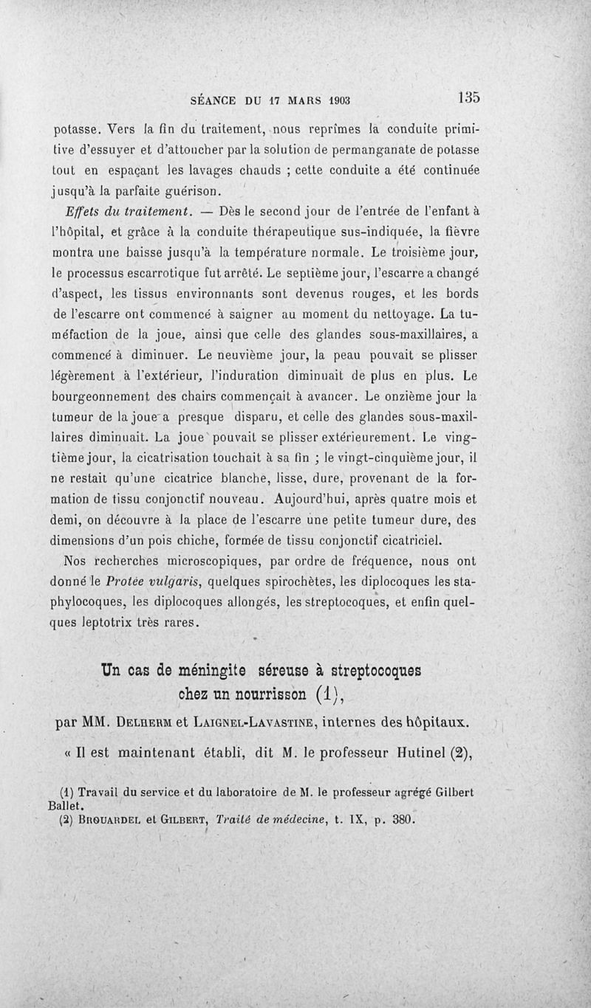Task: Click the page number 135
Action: (469, 97)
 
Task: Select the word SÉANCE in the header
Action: (213, 99)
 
